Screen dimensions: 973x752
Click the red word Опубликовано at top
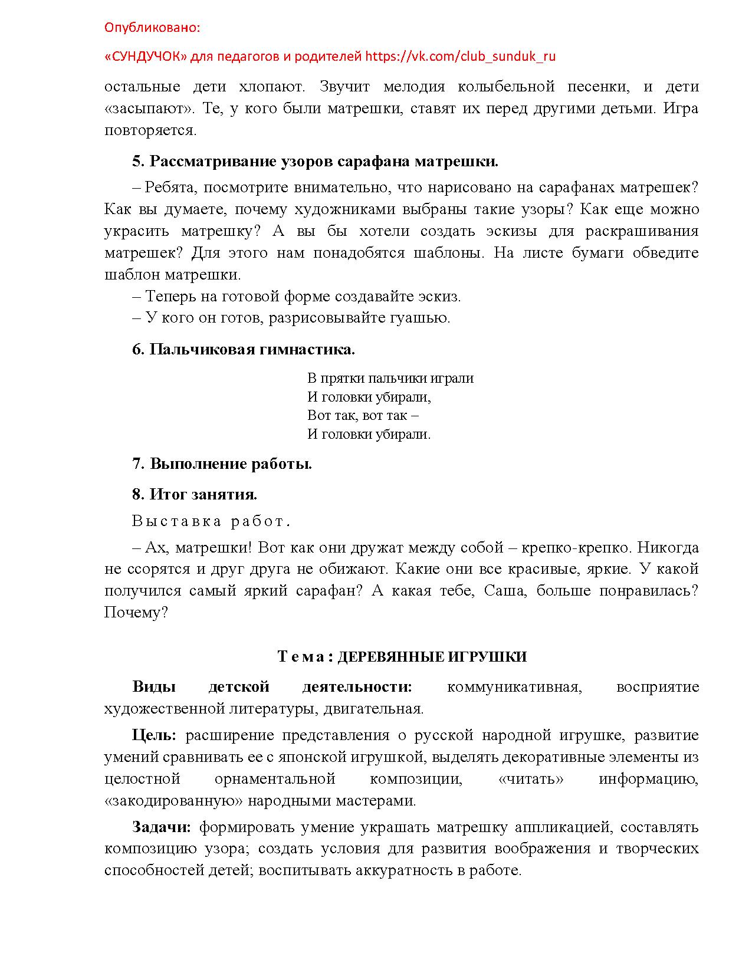[x=152, y=28]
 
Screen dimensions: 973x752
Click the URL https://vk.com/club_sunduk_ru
[x=460, y=57]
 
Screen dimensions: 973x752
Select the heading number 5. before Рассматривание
[x=138, y=162]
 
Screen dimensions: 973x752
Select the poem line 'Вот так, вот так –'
[x=363, y=416]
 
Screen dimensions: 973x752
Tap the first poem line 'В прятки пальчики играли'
[x=390, y=379]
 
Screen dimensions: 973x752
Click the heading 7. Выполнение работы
[x=222, y=464]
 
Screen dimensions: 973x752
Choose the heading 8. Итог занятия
[x=195, y=494]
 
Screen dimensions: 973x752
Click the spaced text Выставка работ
[x=211, y=521]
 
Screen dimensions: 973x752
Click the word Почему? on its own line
[x=136, y=613]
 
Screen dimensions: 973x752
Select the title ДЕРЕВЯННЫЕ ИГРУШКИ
[x=432, y=657]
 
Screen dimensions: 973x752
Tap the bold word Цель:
[x=154, y=735]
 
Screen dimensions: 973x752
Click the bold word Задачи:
[x=162, y=827]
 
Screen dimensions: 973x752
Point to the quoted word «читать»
[x=530, y=779]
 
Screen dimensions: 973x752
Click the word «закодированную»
[x=174, y=801]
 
